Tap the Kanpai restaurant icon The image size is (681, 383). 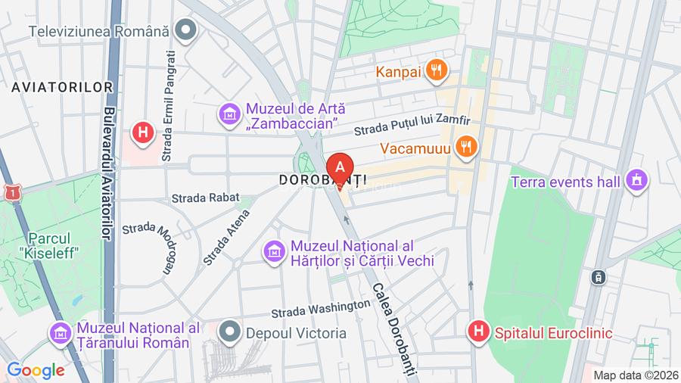(x=435, y=71)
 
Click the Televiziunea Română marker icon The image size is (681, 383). (x=185, y=31)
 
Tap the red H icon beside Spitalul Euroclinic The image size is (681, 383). (x=477, y=332)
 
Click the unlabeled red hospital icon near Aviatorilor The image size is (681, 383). (x=141, y=133)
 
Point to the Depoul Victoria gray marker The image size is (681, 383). (x=229, y=332)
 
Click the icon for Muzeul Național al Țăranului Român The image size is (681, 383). (x=60, y=332)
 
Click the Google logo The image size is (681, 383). (x=36, y=370)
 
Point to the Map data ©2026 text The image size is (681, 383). (x=634, y=375)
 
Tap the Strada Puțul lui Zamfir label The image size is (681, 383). (x=412, y=122)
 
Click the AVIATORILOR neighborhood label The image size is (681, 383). (x=62, y=87)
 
